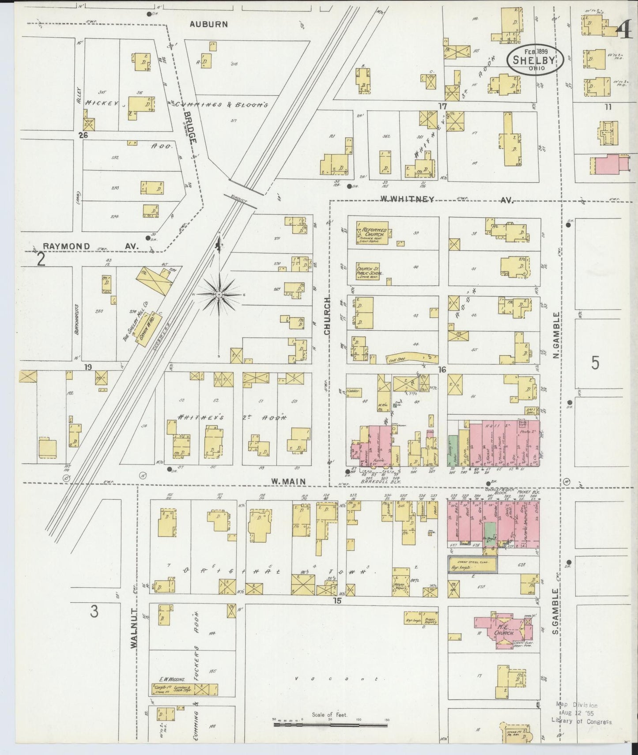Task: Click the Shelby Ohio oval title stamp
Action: click(535, 60)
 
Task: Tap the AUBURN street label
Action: click(208, 24)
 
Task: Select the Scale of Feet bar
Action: click(330, 724)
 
